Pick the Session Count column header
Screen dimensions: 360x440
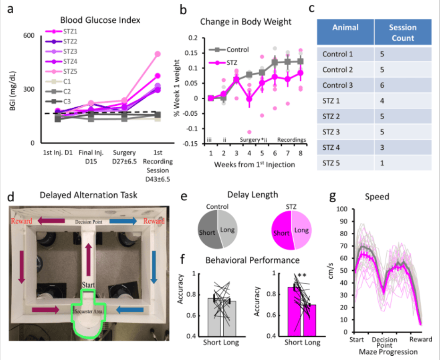402,32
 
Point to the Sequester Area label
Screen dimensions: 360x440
89,310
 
